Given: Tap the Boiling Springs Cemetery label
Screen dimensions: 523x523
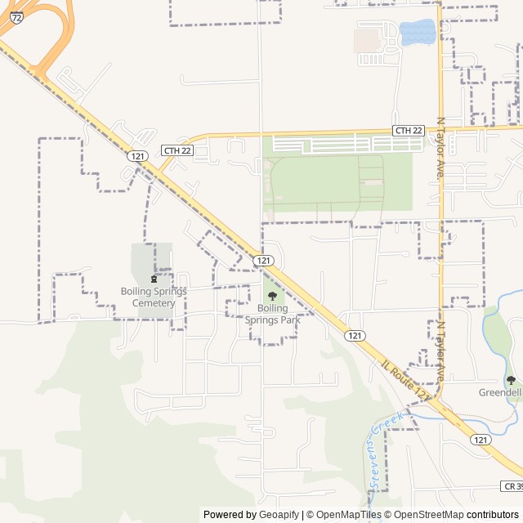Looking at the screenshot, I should coord(154,297).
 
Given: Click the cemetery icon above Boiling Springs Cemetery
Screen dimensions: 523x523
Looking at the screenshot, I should coord(153,279).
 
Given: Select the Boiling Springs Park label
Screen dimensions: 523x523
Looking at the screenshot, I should coord(273,314).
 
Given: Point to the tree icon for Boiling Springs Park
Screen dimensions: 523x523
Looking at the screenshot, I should coord(272,296).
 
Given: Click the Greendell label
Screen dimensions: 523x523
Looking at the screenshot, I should coord(500,392).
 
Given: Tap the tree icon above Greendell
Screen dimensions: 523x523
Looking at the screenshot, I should coord(511,380).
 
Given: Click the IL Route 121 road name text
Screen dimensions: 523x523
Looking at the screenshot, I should coord(405,380).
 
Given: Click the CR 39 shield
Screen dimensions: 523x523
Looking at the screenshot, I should coord(512,486).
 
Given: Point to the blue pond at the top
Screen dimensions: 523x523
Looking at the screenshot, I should coord(417,33).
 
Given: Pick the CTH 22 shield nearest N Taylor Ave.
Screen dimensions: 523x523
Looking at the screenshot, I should coord(409,131).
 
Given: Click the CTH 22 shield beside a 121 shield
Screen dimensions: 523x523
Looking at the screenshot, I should coord(177,150).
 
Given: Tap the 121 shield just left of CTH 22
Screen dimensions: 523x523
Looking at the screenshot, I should coord(137,155).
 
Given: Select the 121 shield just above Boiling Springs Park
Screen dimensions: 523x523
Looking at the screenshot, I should coord(262,260).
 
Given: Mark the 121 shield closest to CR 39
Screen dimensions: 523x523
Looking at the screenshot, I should coord(481,440).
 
